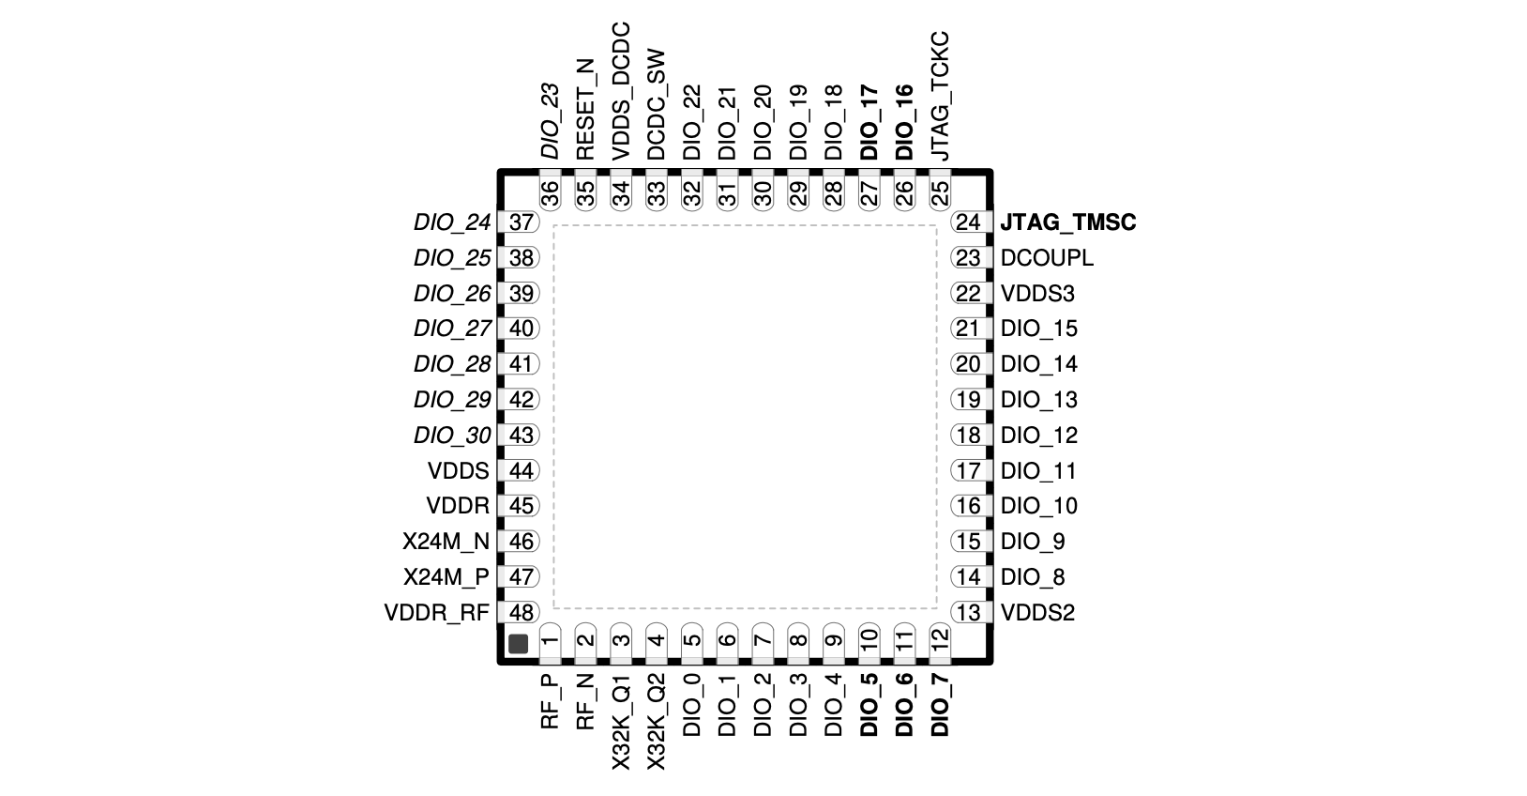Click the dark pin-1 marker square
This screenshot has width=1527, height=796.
point(518,643)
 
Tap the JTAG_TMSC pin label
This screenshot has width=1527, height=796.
point(1068,222)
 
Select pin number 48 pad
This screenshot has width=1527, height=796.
point(520,613)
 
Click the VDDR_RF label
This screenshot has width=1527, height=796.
point(437,613)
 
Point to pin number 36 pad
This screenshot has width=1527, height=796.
point(551,191)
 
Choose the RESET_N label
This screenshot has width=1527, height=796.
point(585,109)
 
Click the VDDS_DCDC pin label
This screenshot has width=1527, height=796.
point(621,91)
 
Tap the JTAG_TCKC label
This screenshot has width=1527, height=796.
point(940,96)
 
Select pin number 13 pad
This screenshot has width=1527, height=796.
point(971,613)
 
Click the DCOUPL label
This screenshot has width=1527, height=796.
point(1047,258)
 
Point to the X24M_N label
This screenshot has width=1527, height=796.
point(446,542)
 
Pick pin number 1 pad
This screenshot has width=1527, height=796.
point(551,643)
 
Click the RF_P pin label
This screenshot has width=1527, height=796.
point(551,702)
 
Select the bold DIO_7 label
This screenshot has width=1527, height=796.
point(940,705)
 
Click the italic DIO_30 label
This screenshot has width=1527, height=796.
point(453,436)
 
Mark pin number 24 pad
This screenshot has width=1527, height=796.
point(971,222)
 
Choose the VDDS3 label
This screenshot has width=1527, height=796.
point(1037,293)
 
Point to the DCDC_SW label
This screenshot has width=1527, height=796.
point(657,104)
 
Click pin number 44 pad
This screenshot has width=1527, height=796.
point(520,470)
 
